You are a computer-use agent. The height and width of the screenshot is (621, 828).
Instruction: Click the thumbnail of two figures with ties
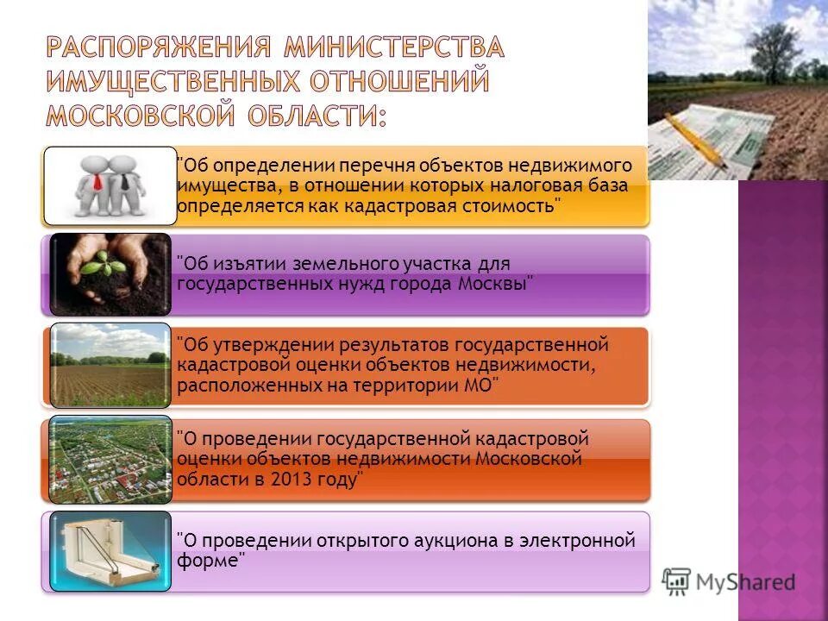[x=110, y=184]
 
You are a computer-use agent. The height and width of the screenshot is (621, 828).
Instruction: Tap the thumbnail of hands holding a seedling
[x=110, y=275]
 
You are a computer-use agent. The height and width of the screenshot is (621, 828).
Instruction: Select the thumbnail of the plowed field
[x=110, y=366]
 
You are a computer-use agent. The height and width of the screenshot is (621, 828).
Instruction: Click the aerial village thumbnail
[x=110, y=459]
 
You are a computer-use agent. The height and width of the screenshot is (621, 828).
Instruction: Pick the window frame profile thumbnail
[x=110, y=550]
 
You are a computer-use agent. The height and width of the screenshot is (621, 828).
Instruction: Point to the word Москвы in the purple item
[x=496, y=284]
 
